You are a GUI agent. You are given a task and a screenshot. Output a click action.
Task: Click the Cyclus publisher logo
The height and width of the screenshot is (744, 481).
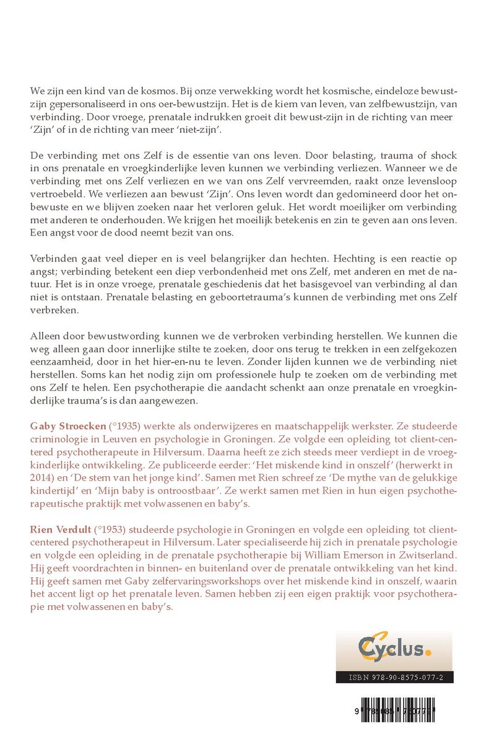tap(394, 650)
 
